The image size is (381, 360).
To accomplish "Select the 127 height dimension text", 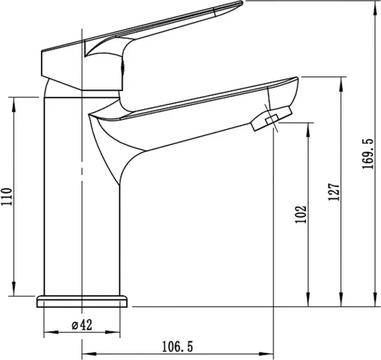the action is coord(334,192).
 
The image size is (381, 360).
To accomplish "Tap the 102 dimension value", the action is coord(301,214).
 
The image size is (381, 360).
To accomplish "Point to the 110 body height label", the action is coord(7,196).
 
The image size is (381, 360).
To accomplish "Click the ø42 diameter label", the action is coord(82,325).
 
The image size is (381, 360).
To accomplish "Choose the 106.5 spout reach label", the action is coord(177,346).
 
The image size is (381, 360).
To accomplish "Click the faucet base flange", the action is coord(82,301).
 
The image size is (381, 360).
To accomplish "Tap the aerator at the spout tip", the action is coord(271,119).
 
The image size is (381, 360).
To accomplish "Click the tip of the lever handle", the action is coord(241,3).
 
